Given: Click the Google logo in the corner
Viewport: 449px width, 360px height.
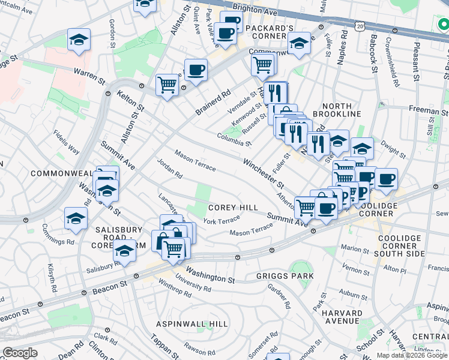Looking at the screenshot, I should (20, 353).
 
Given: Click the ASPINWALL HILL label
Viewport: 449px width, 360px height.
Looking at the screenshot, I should (191, 324).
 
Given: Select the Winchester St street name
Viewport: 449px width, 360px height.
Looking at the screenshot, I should (263, 172).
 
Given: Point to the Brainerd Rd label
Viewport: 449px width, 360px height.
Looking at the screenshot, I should (213, 103).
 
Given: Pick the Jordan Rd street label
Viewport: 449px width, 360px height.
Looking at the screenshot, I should (169, 169).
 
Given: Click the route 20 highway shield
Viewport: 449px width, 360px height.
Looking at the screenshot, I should (360, 27).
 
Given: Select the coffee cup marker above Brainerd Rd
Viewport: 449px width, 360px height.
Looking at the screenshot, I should (196, 70).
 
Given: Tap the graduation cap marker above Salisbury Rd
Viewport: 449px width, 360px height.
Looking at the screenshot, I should (124, 251).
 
